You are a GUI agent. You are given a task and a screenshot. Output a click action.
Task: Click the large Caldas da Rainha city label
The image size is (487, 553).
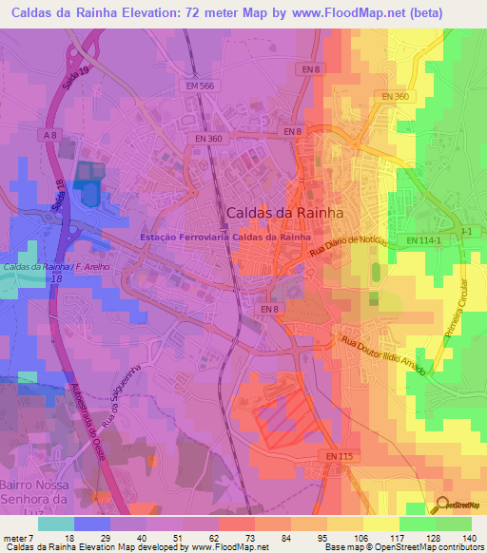284,213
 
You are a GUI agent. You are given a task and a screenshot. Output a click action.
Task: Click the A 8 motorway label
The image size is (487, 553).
49,137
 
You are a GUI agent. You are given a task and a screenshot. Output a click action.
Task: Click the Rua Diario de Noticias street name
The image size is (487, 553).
348,247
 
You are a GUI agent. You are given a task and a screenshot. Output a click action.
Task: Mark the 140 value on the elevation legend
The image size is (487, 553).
467,537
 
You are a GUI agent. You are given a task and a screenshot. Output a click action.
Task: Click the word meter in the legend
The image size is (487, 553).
17,537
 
